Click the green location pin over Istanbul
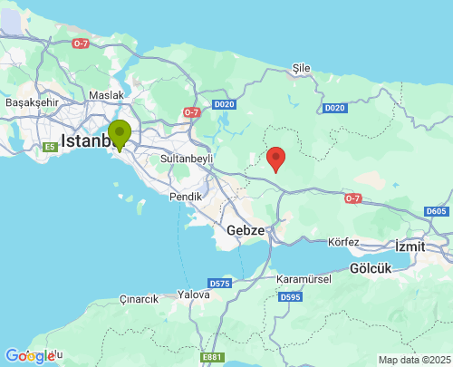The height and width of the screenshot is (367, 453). coord(120,135)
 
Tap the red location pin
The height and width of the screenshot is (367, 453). coord(277,158)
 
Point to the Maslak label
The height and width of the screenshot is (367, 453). coord(107,94)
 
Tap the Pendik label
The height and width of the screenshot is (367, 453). coord(186,196)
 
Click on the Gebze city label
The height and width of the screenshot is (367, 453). coord(246,230)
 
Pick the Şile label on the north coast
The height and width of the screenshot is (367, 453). coord(302,68)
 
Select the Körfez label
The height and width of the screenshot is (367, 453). coord(344,242)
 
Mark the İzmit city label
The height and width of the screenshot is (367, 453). coord(415,245)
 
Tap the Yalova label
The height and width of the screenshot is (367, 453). coord(194,295)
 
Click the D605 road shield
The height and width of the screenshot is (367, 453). coord(436,211)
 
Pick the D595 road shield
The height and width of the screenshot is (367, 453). coord(291,297)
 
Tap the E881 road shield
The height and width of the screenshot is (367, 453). coord(212,358)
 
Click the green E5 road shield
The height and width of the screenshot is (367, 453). coord(51,147)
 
